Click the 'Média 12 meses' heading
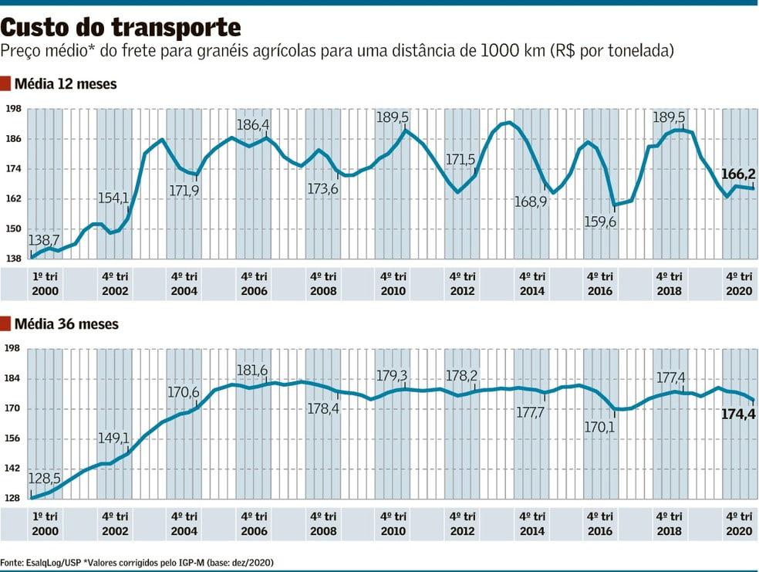click(x=66, y=83)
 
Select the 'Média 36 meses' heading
click(x=66, y=324)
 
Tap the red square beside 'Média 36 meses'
click(x=5, y=324)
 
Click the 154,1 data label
click(x=114, y=198)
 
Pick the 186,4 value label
click(x=253, y=124)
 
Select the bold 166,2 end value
click(x=738, y=174)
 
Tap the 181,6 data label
click(x=253, y=371)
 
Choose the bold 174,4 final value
click(x=738, y=415)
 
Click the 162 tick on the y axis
click(x=12, y=198)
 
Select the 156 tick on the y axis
click(x=12, y=438)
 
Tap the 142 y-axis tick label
click(x=12, y=469)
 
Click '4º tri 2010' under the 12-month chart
click(x=393, y=283)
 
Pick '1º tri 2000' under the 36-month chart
click(x=45, y=523)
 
